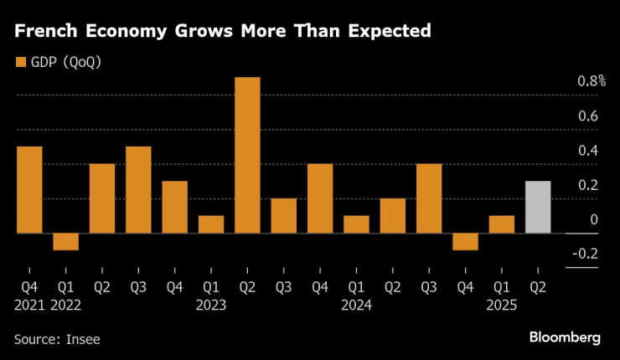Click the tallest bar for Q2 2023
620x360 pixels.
(247, 155)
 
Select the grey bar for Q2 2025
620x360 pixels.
(538, 207)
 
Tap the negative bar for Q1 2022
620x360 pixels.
(65, 241)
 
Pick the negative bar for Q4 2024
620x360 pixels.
(465, 241)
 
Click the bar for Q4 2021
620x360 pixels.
(29, 190)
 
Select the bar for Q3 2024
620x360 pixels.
(429, 198)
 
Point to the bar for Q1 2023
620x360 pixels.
(211, 224)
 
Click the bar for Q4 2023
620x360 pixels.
(320, 198)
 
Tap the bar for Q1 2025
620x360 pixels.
(501, 224)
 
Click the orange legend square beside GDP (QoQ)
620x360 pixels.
(19, 61)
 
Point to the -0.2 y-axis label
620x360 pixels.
(586, 254)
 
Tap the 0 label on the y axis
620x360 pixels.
(594, 219)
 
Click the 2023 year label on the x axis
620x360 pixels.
(211, 305)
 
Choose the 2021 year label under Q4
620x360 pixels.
(29, 305)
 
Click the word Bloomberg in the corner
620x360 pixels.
(565, 337)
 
